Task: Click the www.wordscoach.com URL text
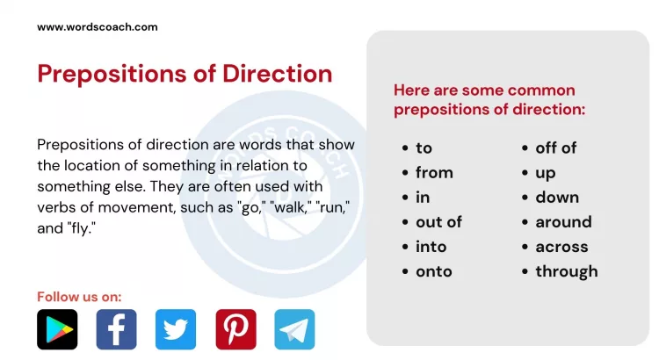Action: pyautogui.click(x=98, y=26)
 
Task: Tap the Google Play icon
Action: pyautogui.click(x=57, y=329)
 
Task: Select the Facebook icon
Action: pyautogui.click(x=116, y=329)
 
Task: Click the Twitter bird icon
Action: pyautogui.click(x=176, y=329)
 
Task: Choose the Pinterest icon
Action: pyautogui.click(x=235, y=329)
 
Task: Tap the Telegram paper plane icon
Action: pyautogui.click(x=294, y=329)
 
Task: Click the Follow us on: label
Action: pyautogui.click(x=79, y=296)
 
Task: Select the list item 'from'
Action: pyautogui.click(x=434, y=173)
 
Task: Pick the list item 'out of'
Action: pyautogui.click(x=438, y=222)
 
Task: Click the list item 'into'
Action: pyautogui.click(x=431, y=247)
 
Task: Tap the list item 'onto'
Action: pyautogui.click(x=433, y=271)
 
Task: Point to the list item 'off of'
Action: pyautogui.click(x=556, y=148)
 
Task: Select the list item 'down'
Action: pyautogui.click(x=557, y=198)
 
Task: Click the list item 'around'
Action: pyautogui.click(x=563, y=222)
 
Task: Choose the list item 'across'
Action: pyautogui.click(x=561, y=247)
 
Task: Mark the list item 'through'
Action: pyautogui.click(x=566, y=271)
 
